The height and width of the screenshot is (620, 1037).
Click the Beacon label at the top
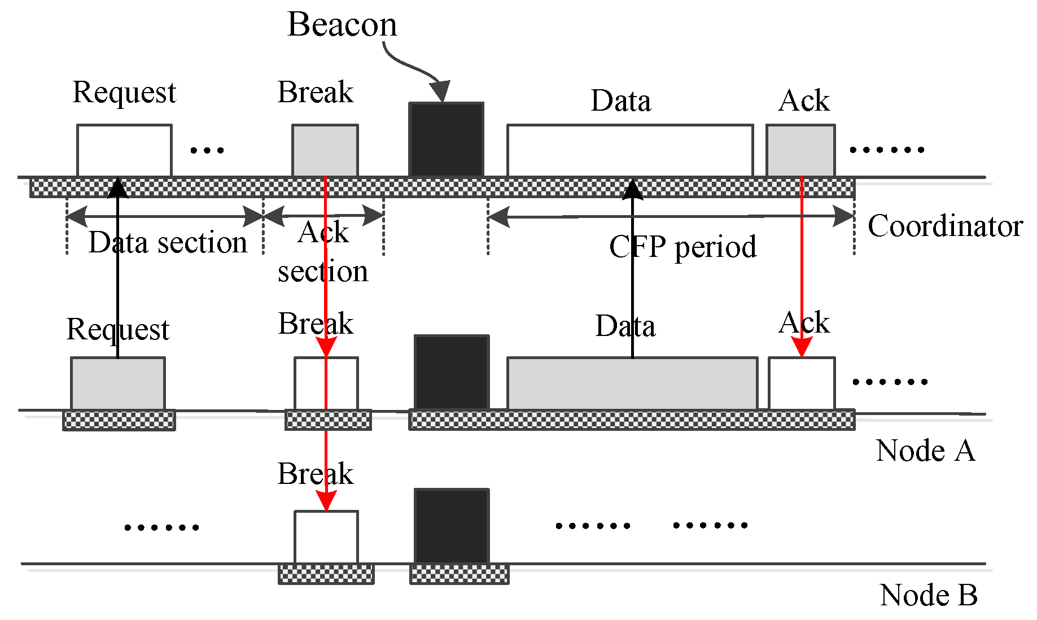[342, 25]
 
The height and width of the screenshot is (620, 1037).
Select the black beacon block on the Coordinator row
[446, 139]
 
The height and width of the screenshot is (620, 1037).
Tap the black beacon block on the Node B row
[452, 526]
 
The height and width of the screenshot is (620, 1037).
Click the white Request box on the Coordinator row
[124, 150]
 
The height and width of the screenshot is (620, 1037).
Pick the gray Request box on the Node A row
[118, 383]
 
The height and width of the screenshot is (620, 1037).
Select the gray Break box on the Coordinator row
[325, 150]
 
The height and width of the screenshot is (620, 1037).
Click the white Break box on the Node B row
[326, 537]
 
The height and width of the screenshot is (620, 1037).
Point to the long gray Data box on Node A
[632, 383]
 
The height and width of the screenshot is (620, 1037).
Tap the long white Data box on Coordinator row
[629, 150]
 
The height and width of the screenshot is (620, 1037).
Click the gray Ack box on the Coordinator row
[800, 150]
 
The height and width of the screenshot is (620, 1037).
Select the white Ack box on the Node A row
[801, 383]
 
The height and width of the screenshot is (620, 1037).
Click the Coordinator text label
[944, 226]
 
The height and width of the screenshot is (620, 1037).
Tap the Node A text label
[925, 451]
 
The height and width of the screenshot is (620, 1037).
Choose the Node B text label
[928, 595]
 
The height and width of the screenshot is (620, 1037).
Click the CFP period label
[682, 247]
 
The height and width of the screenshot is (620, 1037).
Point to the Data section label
[168, 243]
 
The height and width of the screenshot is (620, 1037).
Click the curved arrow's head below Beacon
[440, 91]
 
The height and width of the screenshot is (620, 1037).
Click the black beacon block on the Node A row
[452, 372]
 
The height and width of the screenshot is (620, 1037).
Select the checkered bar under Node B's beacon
[459, 574]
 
